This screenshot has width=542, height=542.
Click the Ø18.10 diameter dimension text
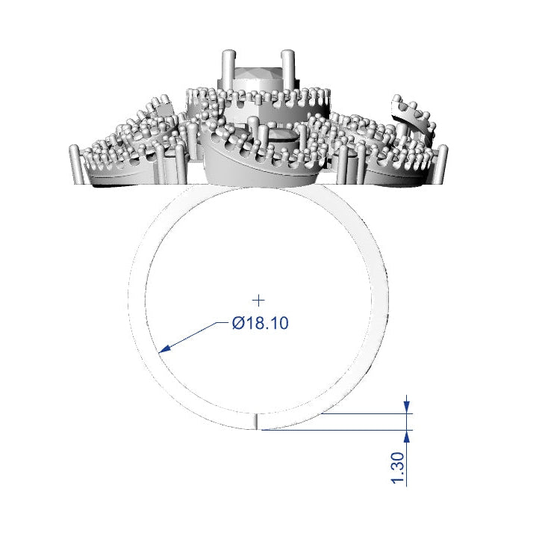click(260, 324)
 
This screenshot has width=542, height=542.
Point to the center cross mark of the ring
click(259, 300)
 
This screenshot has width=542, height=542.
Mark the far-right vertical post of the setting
click(443, 164)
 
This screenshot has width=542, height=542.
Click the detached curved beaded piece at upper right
click(412, 112)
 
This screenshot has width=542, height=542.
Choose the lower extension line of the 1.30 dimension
click(336, 430)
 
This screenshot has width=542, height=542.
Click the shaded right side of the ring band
click(380, 299)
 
